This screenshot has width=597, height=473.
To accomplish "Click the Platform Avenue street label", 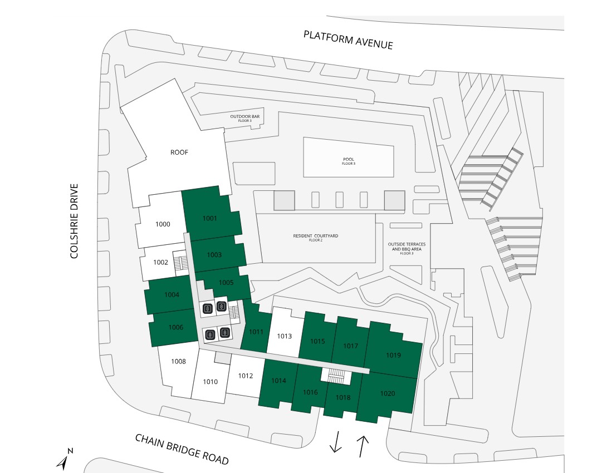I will click(x=348, y=40).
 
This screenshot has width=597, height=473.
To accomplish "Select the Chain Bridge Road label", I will click(x=182, y=449).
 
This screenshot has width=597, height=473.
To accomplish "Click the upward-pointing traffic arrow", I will click(x=363, y=446).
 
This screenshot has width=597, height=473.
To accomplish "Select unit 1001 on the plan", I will click(x=209, y=218).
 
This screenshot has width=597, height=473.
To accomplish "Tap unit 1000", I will click(x=163, y=224).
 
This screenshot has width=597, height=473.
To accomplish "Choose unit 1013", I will click(x=285, y=336).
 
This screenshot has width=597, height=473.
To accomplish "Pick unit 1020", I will click(x=388, y=393).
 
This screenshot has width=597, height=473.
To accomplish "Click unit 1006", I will click(x=175, y=327).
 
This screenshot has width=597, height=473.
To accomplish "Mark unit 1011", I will click(x=256, y=332).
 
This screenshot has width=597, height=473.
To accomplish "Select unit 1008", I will click(x=178, y=362).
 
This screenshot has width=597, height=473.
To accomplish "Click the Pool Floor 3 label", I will click(x=349, y=161).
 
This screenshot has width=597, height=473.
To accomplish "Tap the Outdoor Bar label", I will click(x=246, y=118).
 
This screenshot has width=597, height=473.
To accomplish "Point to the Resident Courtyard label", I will click(x=316, y=237).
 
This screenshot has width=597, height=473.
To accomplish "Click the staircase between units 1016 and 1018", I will click(x=336, y=377).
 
